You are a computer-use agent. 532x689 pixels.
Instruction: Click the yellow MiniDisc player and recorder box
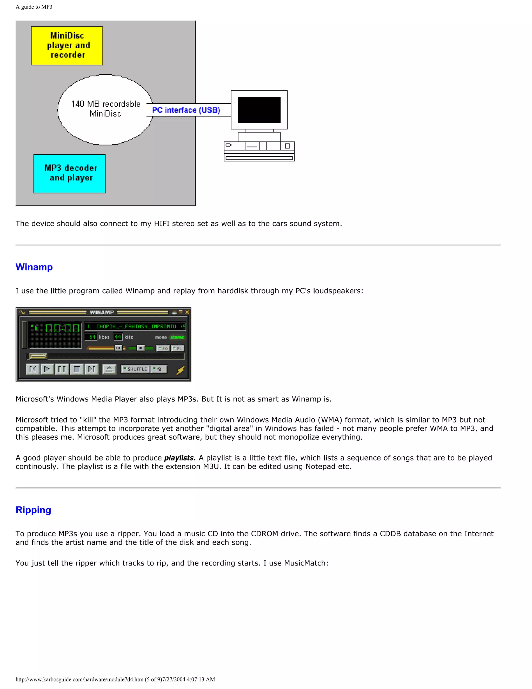[67, 46]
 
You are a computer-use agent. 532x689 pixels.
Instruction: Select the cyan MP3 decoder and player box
[69, 173]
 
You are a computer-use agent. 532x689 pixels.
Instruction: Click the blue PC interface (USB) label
[186, 110]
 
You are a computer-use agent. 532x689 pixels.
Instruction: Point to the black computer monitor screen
[259, 110]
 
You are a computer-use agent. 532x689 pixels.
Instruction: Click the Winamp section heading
[34, 267]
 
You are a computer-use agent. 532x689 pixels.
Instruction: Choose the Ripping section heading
[34, 510]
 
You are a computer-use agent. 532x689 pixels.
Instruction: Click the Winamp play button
[47, 369]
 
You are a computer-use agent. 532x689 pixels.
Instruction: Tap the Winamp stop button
[77, 369]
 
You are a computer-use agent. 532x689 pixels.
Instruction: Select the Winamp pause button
[62, 369]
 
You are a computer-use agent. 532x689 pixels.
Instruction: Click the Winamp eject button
[109, 369]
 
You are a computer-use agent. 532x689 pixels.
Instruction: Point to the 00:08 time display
[62, 328]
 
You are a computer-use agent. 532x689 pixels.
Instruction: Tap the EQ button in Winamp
[163, 348]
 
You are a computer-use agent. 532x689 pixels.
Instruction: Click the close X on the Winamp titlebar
[187, 312]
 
